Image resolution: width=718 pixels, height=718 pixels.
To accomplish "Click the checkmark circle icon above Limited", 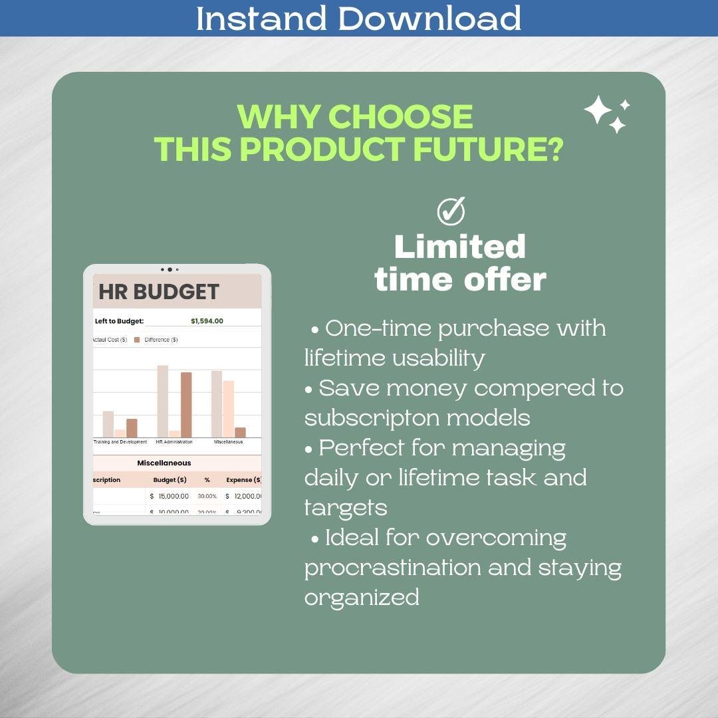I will (451, 211).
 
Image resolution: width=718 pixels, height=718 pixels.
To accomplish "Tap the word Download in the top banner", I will (429, 18).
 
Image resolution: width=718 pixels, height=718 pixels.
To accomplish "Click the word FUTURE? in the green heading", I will (489, 149).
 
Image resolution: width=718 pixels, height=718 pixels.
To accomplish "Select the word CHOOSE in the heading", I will (400, 117).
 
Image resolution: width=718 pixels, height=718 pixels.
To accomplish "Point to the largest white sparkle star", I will (598, 110).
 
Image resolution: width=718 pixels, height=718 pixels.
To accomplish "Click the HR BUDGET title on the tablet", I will (159, 291).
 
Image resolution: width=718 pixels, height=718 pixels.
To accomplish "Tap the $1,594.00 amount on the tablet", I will (207, 321).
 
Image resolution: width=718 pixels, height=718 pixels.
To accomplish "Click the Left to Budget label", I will (119, 321).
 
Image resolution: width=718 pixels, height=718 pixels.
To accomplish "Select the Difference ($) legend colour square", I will (137, 340).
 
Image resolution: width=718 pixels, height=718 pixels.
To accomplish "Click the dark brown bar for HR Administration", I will (185, 404).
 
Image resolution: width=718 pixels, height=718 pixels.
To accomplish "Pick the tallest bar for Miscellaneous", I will (217, 404).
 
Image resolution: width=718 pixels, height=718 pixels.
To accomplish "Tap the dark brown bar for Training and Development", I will (132, 427).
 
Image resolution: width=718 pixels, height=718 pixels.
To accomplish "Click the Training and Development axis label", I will (120, 442).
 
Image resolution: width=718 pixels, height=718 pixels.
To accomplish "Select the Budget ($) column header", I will (170, 479).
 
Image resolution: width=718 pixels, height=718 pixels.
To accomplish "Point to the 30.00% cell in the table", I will (207, 496).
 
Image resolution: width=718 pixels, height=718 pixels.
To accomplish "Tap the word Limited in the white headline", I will (460, 247).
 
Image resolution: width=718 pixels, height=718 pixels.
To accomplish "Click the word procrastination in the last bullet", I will (392, 568).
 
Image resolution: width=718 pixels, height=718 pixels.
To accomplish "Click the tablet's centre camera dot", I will (170, 270).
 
